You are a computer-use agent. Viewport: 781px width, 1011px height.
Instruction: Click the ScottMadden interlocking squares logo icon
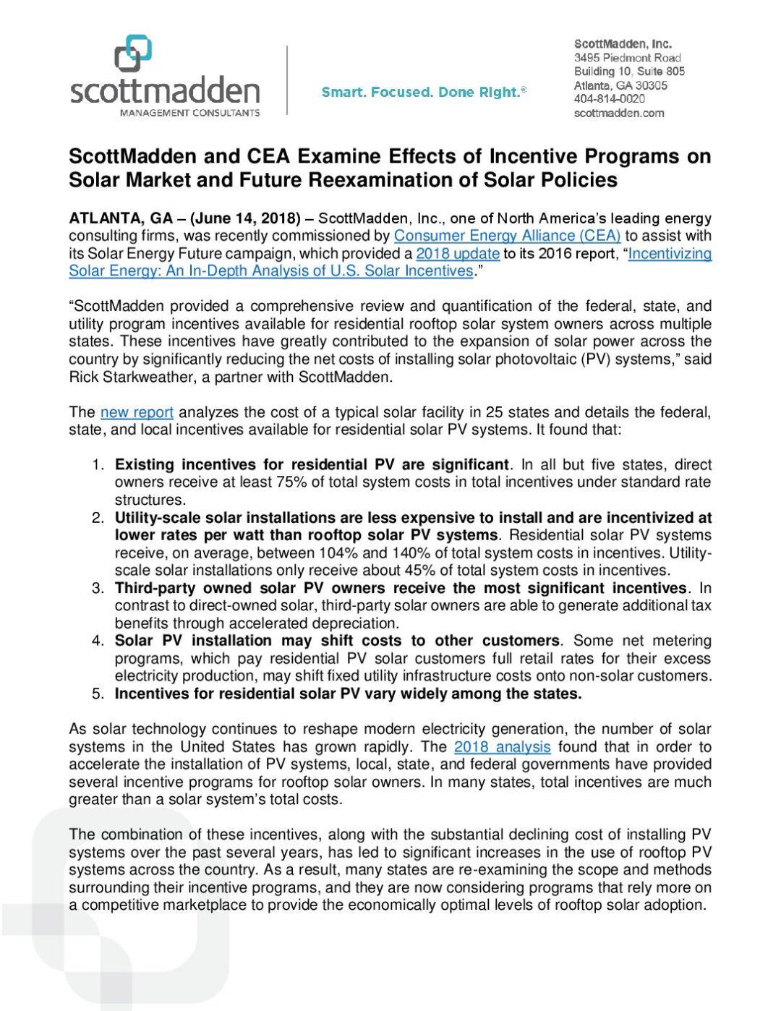133,54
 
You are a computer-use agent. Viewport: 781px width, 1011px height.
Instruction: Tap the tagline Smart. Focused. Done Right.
424,92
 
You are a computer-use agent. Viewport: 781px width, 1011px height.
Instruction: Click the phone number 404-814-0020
609,99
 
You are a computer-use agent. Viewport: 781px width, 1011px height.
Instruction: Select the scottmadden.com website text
618,113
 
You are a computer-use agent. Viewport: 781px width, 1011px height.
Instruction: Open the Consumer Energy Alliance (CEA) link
507,236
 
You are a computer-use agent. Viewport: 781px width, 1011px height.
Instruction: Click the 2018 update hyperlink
457,254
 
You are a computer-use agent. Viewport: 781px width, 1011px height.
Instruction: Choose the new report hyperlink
137,412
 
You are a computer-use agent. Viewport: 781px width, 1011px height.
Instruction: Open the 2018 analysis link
502,747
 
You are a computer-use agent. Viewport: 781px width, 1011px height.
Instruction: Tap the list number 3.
98,588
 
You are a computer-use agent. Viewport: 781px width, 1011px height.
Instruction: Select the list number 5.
98,694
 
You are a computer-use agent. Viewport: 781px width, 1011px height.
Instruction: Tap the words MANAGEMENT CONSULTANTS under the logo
189,113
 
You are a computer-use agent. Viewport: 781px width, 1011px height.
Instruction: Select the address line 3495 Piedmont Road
627,58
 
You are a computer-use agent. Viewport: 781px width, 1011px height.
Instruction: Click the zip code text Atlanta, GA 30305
620,85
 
